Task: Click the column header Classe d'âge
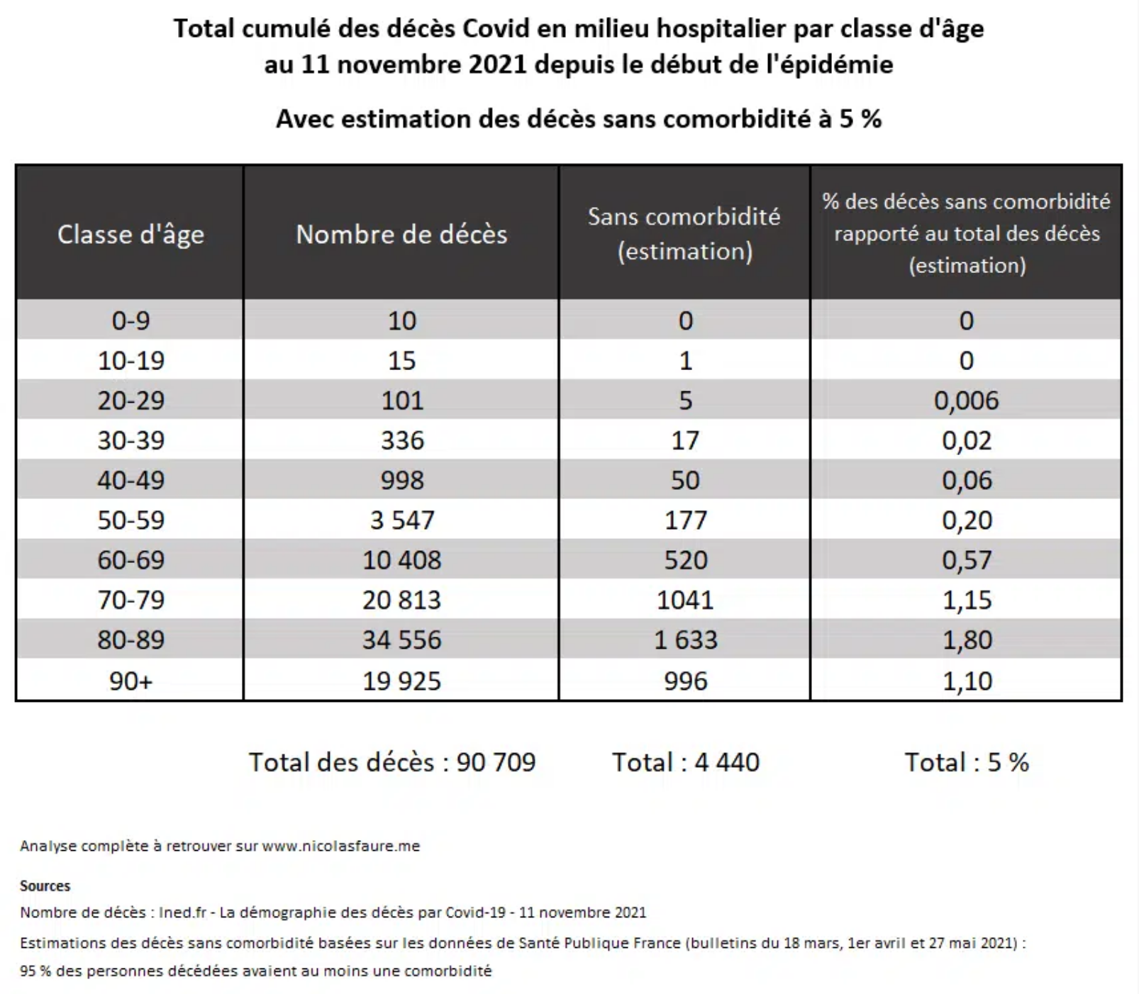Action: click(130, 234)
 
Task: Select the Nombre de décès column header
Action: click(401, 234)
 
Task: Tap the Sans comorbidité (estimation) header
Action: click(684, 233)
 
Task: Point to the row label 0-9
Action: click(130, 320)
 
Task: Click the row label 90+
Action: click(130, 681)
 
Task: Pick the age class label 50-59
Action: click(130, 520)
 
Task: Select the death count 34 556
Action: click(401, 640)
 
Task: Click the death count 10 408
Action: click(401, 560)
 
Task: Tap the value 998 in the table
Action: click(402, 480)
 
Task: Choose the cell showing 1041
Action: click(685, 601)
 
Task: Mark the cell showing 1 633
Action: click(685, 640)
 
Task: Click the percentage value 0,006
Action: click(966, 401)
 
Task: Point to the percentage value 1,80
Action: click(967, 640)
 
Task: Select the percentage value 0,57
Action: click(967, 560)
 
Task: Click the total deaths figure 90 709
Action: click(496, 762)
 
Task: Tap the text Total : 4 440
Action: click(686, 762)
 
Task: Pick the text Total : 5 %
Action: click(967, 762)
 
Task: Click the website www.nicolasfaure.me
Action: click(341, 846)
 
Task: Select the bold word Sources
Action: click(45, 886)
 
